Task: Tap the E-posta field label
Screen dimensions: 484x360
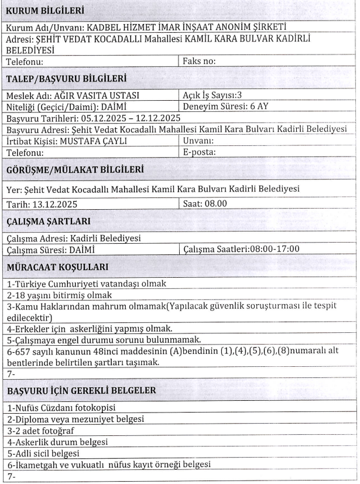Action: tap(200, 152)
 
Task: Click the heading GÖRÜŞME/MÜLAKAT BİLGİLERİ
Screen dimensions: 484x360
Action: tap(76, 170)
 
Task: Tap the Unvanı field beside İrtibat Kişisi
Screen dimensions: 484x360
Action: tap(200, 141)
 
